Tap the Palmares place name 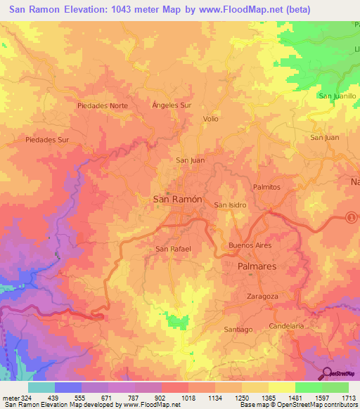(257, 268)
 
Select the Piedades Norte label (103, 105)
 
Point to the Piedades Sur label (47, 140)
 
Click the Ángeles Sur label (172, 105)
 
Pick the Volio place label (211, 119)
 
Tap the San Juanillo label (338, 96)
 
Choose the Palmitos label (266, 187)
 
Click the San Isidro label (230, 205)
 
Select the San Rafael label (173, 249)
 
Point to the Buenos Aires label (250, 245)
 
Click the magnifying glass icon (328, 372)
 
